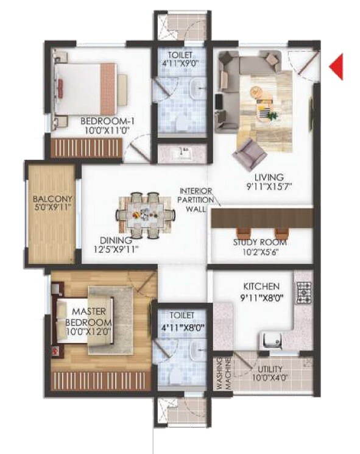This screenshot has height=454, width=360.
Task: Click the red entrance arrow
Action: (336, 67)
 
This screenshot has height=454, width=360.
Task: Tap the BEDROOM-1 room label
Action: (107, 121)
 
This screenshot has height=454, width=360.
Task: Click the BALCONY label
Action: (52, 199)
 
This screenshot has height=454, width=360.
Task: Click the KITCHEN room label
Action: (261, 286)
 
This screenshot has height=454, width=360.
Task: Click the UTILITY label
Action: (269, 368)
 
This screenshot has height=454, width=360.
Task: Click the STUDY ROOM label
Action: (259, 242)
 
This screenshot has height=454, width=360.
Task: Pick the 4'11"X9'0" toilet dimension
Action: (180, 62)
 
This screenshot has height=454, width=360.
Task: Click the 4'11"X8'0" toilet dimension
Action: (181, 326)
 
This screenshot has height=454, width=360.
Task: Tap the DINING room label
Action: (115, 239)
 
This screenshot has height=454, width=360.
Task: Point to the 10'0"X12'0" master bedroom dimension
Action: (88, 332)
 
